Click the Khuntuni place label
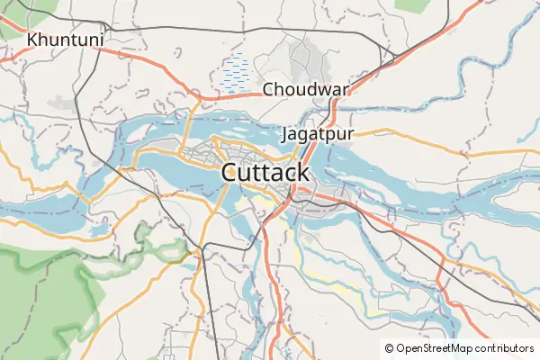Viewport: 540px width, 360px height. pos(66,40)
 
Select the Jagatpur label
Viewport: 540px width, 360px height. pos(318,134)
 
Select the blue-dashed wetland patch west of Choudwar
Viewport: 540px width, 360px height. pos(236,75)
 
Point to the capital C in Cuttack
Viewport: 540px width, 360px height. pos(230,172)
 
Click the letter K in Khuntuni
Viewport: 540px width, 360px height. pos(33,40)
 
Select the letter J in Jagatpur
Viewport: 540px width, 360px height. pos(286,134)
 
